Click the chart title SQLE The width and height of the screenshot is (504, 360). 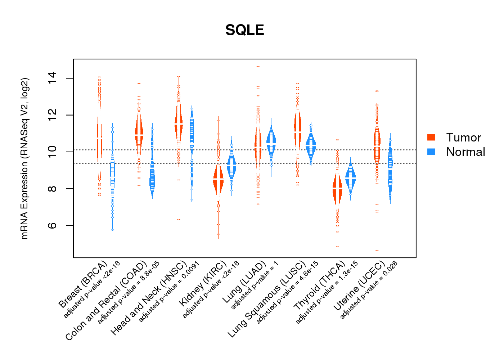coord(245,30)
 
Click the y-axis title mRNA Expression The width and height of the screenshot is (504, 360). coord(24,158)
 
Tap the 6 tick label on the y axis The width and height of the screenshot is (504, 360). coord(52,225)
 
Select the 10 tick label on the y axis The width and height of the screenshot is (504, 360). coord(52,152)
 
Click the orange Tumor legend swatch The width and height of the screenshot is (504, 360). coord(431,137)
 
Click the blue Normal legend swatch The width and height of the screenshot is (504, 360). coord(431,152)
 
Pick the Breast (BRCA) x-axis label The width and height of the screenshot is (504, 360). coord(83,285)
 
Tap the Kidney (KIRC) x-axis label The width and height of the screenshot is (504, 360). coord(203,284)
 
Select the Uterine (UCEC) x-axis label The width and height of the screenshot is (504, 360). coord(359,286)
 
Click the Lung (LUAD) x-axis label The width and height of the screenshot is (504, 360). coord(244,282)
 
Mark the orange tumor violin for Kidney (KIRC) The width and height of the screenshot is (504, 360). coord(218,180)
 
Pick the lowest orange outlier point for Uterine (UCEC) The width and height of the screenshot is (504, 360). coord(377,250)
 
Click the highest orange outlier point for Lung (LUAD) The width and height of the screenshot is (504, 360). coord(258,66)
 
